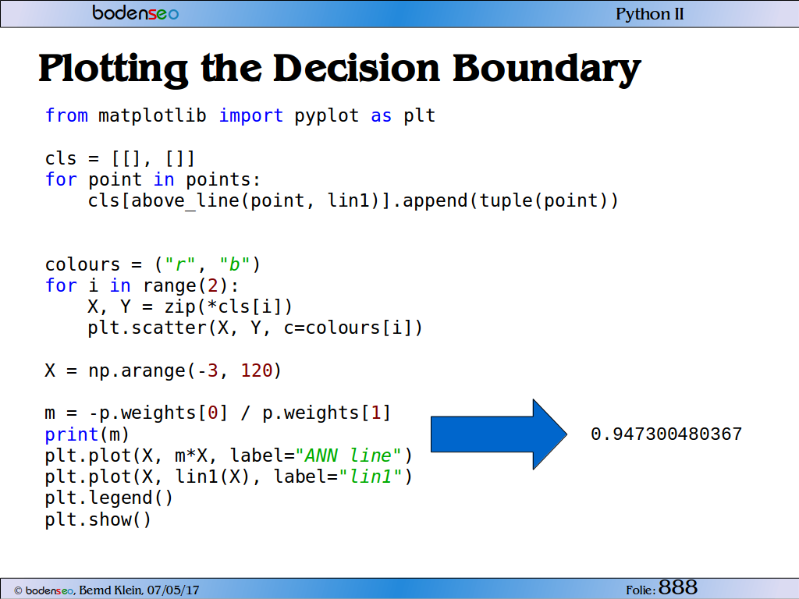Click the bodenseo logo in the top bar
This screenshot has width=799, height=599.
coord(136,12)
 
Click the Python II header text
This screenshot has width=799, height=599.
coord(650,14)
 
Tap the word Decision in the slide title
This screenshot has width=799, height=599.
coord(356,68)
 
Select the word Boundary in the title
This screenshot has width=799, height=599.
coord(547,69)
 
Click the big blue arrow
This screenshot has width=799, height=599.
coord(499,434)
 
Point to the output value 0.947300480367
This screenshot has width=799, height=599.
coord(666,434)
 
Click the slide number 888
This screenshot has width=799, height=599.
coord(678,587)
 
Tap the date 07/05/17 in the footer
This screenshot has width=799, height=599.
coord(173,590)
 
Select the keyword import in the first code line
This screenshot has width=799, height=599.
coord(250,115)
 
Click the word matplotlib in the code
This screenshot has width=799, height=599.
coord(152,115)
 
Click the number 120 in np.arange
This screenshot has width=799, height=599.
coord(257,370)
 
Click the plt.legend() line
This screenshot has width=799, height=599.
coord(109,498)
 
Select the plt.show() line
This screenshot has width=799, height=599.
coord(98,519)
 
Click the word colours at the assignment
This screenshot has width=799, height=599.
coord(83,264)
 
